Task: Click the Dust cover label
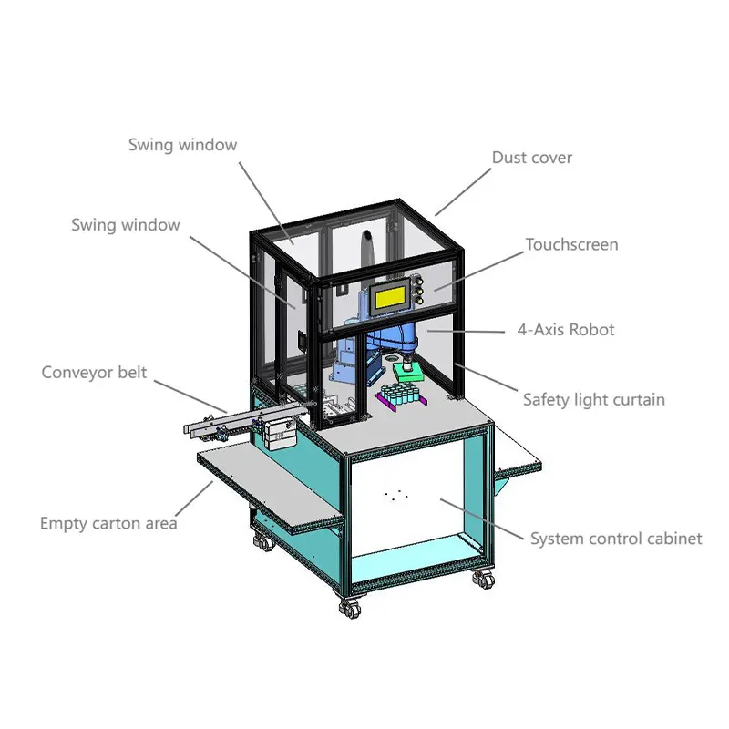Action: (532, 158)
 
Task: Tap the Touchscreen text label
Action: (571, 245)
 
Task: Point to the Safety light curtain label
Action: (593, 399)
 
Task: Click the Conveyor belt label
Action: (94, 373)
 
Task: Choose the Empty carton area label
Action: (108, 523)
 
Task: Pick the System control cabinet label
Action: (616, 539)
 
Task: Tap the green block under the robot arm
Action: (408, 371)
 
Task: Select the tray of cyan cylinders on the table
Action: (399, 395)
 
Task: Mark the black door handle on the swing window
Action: (302, 336)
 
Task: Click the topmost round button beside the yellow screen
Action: (420, 282)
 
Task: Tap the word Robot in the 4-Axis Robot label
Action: (592, 330)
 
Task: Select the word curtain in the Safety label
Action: (640, 399)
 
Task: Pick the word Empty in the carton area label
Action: (62, 523)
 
